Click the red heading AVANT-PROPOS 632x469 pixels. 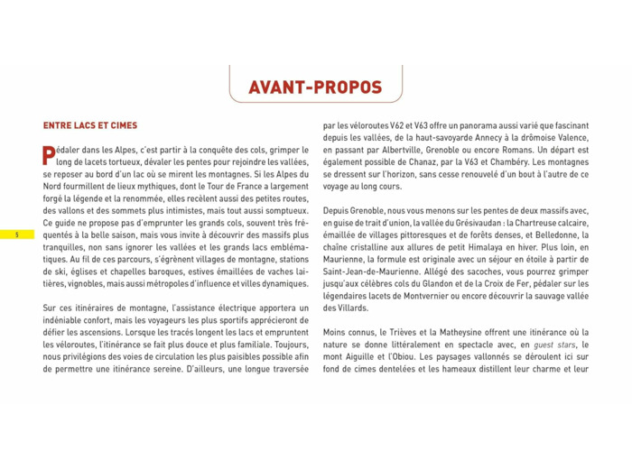click(315, 87)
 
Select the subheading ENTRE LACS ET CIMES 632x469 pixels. click(90, 125)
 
